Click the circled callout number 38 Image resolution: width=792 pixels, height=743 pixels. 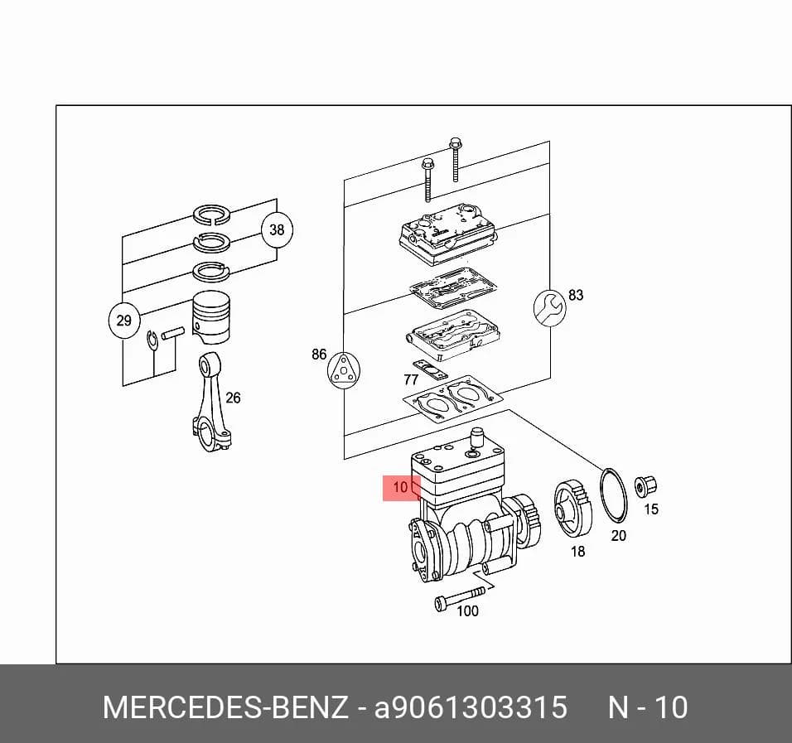277,229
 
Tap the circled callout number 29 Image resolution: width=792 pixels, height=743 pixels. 123,321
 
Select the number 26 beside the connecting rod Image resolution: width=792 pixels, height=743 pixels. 233,398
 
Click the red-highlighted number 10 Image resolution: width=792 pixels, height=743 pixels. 400,487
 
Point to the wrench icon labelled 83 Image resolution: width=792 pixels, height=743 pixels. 549,307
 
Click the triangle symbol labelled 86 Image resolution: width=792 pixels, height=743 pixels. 344,370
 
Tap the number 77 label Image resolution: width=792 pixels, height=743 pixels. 411,379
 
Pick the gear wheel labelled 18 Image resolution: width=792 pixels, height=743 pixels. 572,509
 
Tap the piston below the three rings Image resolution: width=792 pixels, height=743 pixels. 211,318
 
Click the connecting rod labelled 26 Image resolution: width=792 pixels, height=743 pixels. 210,402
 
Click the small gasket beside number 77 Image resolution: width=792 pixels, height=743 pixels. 430,369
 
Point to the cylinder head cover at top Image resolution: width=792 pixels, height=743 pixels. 447,233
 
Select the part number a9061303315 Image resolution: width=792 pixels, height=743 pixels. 471,707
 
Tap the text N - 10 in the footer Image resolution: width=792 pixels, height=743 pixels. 648,707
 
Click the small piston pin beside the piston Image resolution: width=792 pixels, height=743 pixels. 173,333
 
